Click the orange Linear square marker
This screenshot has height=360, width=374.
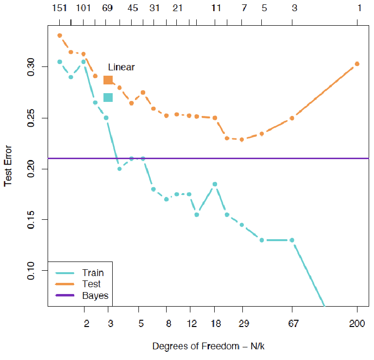coord(108,80)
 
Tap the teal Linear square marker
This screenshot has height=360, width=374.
coord(108,98)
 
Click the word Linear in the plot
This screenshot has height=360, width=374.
coord(121,67)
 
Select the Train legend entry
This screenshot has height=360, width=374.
coord(93,273)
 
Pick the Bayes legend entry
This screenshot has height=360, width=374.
coord(95,295)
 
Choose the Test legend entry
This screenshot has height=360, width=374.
coord(91,284)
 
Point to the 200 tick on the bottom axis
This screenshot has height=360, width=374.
coord(357,324)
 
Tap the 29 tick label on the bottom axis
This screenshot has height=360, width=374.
coord(241,324)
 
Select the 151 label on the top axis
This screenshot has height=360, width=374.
coord(59,8)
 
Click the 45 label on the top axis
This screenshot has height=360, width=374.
coord(132,8)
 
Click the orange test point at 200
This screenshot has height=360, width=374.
coord(357,64)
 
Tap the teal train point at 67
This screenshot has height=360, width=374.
coord(292,240)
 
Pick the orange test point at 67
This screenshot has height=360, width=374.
coord(292,118)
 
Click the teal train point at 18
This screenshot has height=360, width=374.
coord(215,184)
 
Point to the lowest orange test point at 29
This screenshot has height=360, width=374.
coord(241,139)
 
